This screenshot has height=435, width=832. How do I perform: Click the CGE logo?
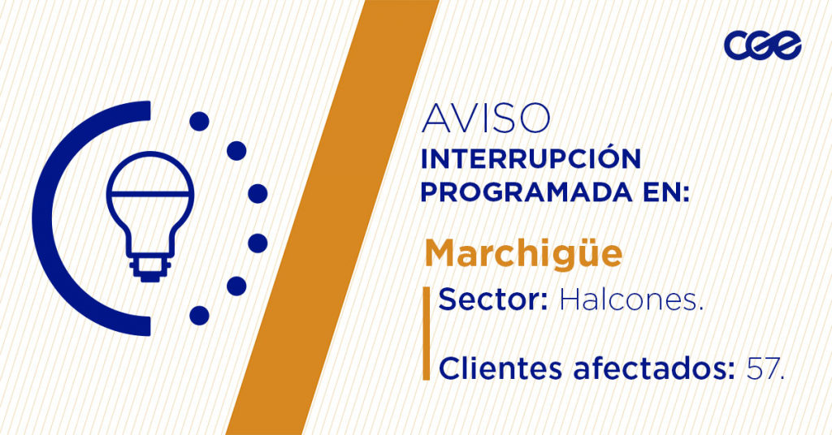[x=762, y=45]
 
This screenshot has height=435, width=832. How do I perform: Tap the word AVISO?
[x=486, y=118]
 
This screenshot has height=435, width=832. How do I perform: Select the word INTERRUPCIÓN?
[x=531, y=158]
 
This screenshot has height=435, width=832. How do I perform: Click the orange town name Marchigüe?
[x=523, y=254]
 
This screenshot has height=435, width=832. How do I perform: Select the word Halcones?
[x=631, y=300]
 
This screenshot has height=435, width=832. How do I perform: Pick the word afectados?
[x=654, y=368]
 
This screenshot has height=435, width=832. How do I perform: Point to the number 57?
[x=765, y=368]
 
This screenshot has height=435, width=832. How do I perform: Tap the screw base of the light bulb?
[x=150, y=268]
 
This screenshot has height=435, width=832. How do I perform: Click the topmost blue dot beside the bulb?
[x=199, y=122]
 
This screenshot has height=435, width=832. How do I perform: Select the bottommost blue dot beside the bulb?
[x=199, y=315]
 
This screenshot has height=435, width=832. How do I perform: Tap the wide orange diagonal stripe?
[x=332, y=217]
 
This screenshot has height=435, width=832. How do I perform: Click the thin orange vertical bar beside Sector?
[x=426, y=334]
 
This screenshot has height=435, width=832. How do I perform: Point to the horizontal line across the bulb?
[x=150, y=193]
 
